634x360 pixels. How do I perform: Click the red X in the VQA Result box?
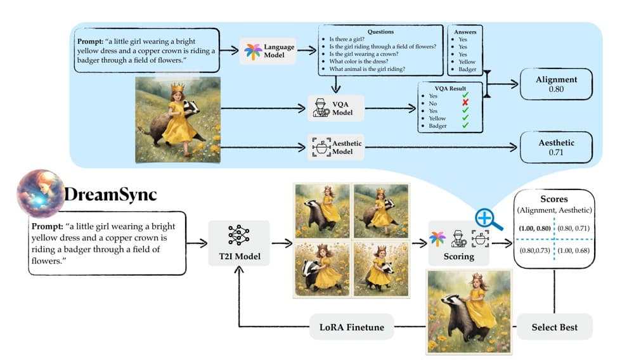point(465,103)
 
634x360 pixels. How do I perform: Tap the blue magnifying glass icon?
point(488,220)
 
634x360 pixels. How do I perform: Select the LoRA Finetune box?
point(351,327)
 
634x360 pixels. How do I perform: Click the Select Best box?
point(554,327)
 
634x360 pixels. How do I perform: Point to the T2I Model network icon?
point(239,235)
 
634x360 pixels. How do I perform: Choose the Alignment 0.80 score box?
point(556,84)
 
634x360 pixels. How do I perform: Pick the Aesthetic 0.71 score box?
point(556,147)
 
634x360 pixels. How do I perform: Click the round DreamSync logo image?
point(41,193)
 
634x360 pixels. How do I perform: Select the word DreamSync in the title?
point(110,195)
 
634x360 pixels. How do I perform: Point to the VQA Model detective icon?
point(321,108)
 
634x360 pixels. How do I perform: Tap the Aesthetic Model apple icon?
point(321,147)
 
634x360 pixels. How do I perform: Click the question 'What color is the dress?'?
point(359,61)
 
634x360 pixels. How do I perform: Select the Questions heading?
point(380,32)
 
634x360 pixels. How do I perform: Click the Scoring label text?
point(458,257)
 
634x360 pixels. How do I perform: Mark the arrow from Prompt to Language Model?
point(229,50)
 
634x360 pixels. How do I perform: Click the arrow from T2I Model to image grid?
point(282,243)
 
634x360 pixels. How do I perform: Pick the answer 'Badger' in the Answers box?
point(467,70)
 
